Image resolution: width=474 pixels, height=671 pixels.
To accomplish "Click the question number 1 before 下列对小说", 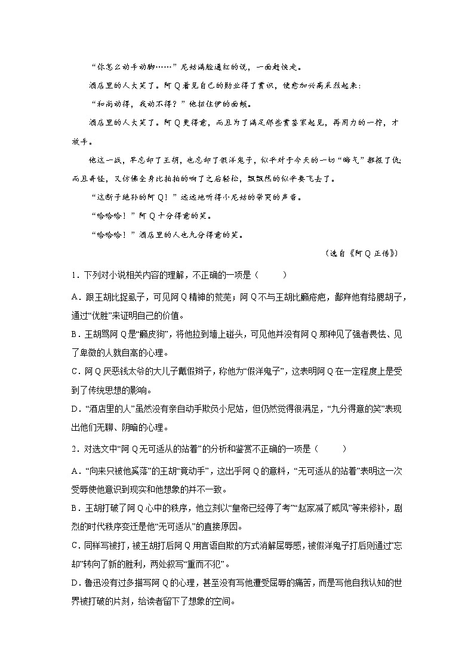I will coord(73,275).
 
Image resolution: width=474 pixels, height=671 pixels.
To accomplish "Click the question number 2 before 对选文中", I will coord(73,448).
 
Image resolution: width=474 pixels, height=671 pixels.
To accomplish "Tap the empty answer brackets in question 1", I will coord(272,275).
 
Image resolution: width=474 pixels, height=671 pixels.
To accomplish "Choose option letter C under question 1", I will coord(74,372).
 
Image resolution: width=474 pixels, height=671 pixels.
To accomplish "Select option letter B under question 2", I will coord(74,509).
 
